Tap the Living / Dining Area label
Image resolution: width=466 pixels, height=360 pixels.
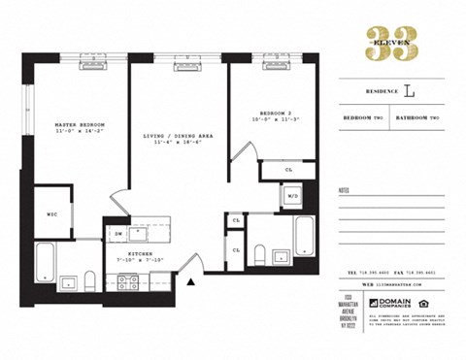click(177, 137)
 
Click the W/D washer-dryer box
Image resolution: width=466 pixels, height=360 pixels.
click(291, 198)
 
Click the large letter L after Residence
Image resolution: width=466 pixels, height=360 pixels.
click(408, 93)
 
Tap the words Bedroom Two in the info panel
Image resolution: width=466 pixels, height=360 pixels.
click(365, 116)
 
